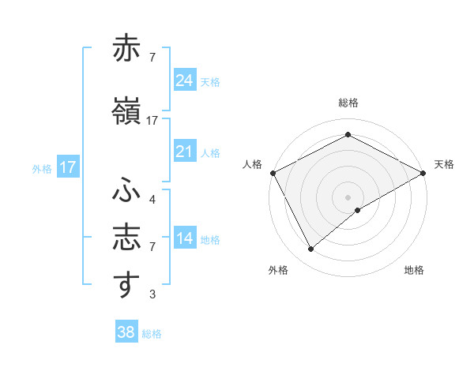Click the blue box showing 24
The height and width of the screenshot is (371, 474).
point(184,80)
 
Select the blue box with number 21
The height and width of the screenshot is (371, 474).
point(184,152)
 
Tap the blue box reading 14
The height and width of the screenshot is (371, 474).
point(184,238)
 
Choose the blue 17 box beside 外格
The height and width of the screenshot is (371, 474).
point(67,167)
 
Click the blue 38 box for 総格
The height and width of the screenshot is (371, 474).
point(126,332)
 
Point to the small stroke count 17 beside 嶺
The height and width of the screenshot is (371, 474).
point(152,121)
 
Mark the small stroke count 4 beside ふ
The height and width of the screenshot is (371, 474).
point(152,200)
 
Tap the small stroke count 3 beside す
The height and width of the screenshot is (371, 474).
point(152,294)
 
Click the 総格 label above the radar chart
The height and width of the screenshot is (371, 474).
point(348,103)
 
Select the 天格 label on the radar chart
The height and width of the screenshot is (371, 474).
point(444,164)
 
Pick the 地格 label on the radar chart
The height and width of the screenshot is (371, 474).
point(414,270)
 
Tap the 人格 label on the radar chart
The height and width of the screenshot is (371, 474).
point(253,164)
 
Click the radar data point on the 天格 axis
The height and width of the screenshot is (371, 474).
point(423,172)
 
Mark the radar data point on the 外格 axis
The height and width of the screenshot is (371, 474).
point(311,249)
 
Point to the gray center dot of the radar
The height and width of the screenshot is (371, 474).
point(348,197)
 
